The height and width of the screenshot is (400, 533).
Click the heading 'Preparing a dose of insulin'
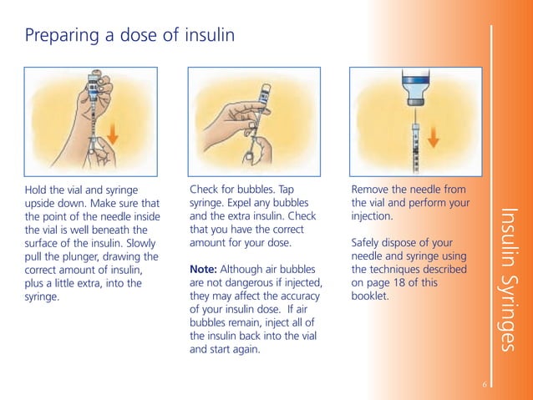click(129, 36)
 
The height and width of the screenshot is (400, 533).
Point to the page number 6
click(484, 383)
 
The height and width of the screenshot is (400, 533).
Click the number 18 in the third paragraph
click(405, 282)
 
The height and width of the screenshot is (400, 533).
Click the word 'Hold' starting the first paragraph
click(37, 190)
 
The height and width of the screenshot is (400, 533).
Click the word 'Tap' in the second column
click(287, 190)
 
